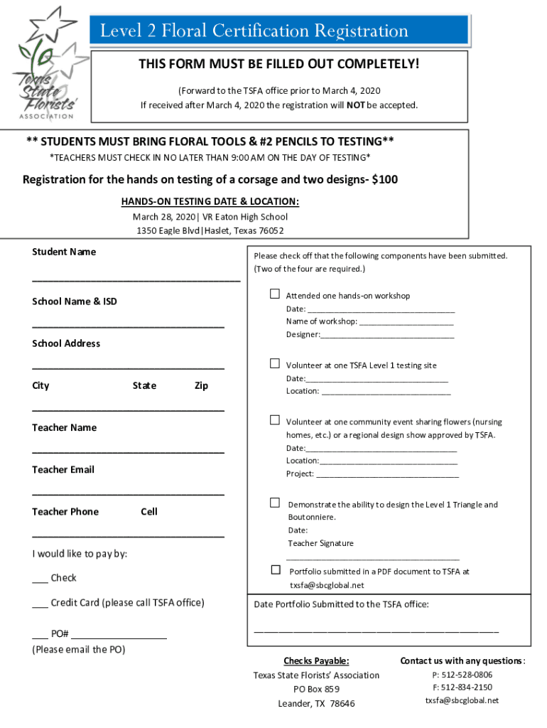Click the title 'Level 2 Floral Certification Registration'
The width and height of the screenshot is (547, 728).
[254, 31]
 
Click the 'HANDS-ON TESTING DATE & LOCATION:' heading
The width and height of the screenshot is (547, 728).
[210, 201]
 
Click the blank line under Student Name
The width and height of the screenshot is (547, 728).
[136, 279]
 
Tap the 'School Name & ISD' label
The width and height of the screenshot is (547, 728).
[75, 301]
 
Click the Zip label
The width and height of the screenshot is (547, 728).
[201, 385]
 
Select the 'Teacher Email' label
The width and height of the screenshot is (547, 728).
[63, 469]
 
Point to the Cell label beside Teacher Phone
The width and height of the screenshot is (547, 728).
[149, 511]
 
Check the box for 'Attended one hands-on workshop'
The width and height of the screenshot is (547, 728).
[274, 294]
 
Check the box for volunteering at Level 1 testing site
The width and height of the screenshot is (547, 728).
[274, 364]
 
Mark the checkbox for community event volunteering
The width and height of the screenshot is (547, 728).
[274, 420]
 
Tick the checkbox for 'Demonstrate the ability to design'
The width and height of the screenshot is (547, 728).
[274, 503]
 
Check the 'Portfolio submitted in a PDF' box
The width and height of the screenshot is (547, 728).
[276, 570]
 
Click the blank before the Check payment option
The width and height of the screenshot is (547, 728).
[40, 579]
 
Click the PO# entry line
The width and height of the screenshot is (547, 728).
[119, 635]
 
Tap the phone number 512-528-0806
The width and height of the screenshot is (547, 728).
[462, 675]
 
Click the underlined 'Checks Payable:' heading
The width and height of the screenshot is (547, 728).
[316, 660]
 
